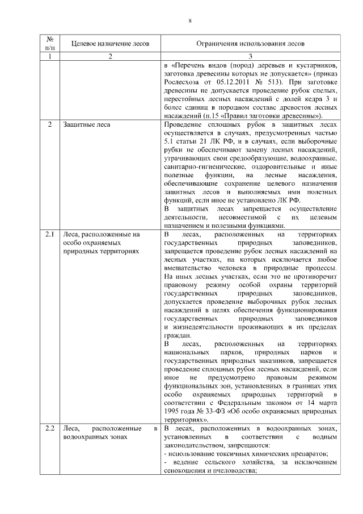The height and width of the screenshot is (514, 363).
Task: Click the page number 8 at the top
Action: click(x=190, y=21)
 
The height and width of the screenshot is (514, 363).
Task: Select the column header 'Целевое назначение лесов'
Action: click(x=111, y=43)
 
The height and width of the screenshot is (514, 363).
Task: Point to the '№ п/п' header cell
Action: click(x=50, y=43)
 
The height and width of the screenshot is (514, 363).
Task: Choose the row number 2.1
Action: click(x=50, y=234)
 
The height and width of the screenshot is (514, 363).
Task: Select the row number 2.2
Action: click(x=50, y=428)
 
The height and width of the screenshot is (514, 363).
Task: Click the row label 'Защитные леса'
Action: click(x=87, y=124)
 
